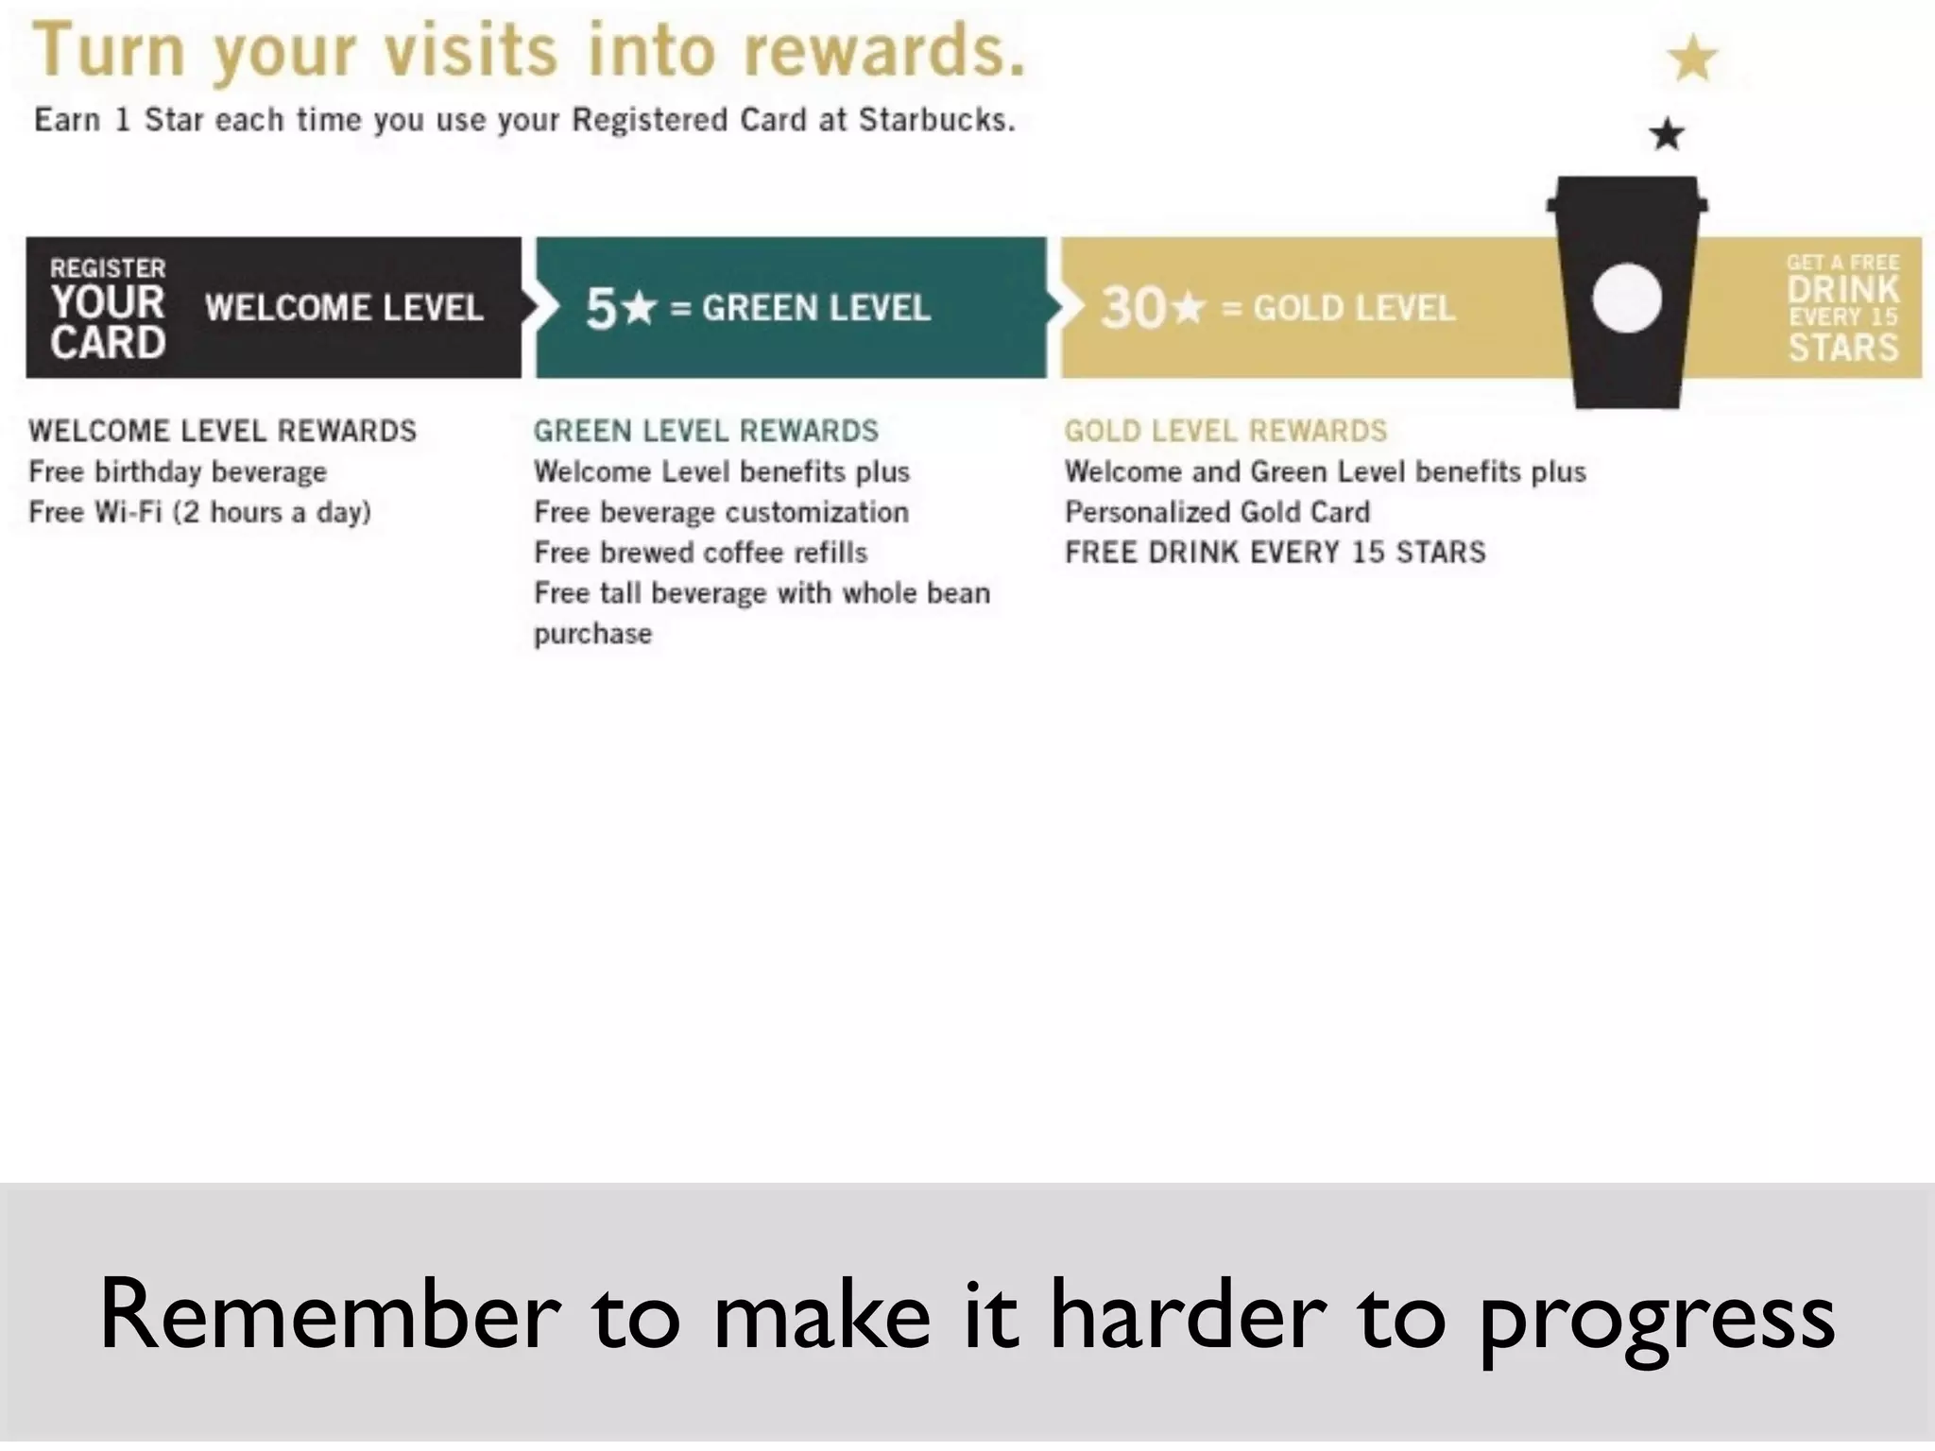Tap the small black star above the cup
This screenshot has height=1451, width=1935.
[x=1667, y=134]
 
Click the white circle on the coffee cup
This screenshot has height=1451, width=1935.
[x=1626, y=298]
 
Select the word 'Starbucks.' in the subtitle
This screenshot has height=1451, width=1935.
[x=936, y=121]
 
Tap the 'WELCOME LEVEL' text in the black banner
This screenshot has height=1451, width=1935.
[x=344, y=308]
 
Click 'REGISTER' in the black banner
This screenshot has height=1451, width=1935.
[x=108, y=268]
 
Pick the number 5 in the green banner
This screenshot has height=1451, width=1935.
[x=601, y=308]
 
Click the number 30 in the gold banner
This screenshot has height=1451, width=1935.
[x=1134, y=308]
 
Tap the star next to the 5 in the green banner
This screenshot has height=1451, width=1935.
[x=640, y=307]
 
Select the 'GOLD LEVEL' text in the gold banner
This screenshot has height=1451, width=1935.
[x=1354, y=309]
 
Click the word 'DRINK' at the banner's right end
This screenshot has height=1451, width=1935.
[x=1842, y=289]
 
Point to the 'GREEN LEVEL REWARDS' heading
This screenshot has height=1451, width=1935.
[x=706, y=431]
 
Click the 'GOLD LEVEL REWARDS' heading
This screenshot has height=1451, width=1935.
[x=1225, y=431]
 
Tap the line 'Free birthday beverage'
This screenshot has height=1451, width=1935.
[x=178, y=471]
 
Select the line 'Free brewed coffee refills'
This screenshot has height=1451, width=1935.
[x=700, y=553]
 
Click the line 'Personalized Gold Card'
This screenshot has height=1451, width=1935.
[x=1217, y=512]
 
